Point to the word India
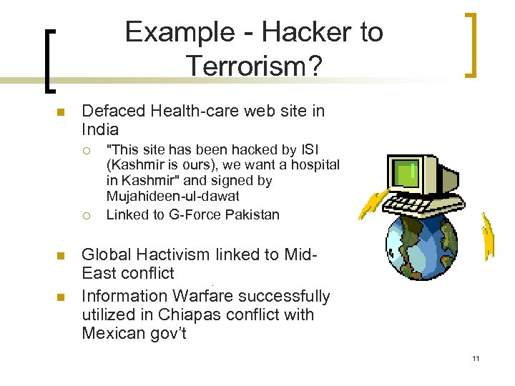[x=100, y=130]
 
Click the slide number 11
[x=476, y=358]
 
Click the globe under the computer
[x=422, y=243]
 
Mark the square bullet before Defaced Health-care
[x=61, y=112]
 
